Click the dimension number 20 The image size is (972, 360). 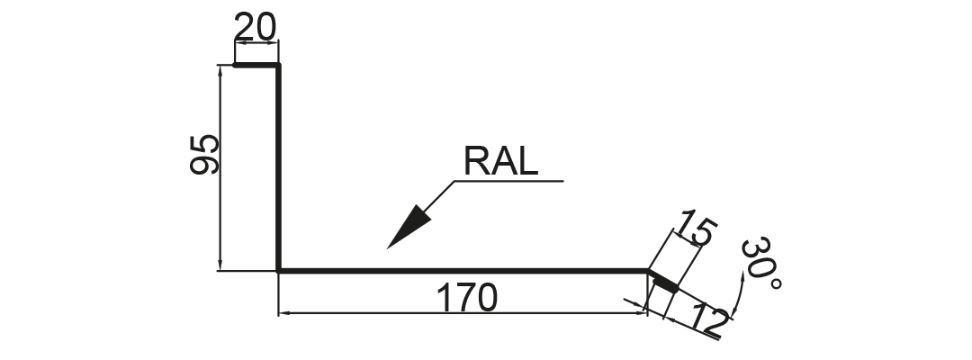[255, 28]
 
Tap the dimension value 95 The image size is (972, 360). [204, 154]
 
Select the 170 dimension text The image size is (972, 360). [467, 298]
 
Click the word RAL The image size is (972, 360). [501, 161]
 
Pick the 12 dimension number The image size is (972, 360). [707, 319]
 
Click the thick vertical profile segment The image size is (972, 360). [278, 167]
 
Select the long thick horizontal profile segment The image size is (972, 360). [463, 271]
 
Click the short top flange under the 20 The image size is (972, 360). [256, 65]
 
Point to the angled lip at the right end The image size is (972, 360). [663, 280]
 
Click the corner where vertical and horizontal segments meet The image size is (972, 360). [279, 271]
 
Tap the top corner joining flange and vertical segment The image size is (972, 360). [279, 65]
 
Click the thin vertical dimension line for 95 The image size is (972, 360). [220, 167]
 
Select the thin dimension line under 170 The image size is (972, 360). [463, 313]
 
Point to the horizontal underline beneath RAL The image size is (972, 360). [508, 181]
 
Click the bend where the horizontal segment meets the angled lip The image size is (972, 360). [648, 271]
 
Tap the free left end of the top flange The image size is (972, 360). [234, 65]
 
